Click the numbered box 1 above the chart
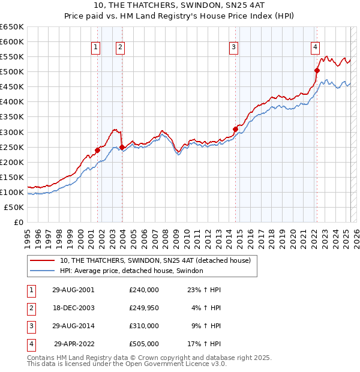pos(96,48)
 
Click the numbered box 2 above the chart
pos(120,48)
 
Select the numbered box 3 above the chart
pos(233,48)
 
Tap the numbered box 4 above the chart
pos(315,48)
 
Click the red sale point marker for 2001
pos(97,150)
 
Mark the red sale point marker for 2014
pos(235,128)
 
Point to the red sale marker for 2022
pos(317,70)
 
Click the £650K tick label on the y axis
pos(12,27)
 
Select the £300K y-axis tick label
pos(12,132)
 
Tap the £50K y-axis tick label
pos(14,207)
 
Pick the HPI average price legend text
pos(131,271)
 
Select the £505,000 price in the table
pos(144,344)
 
